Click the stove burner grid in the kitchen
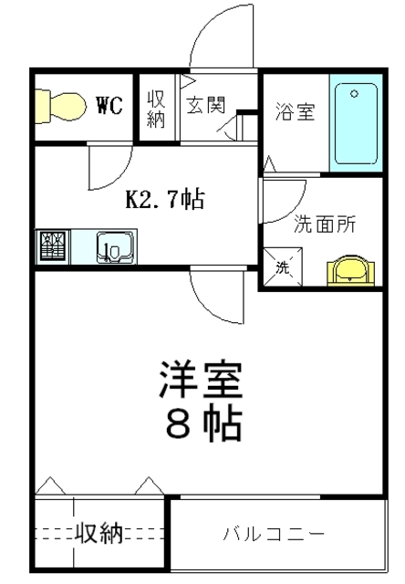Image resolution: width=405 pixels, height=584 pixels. pyautogui.click(x=52, y=246)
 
